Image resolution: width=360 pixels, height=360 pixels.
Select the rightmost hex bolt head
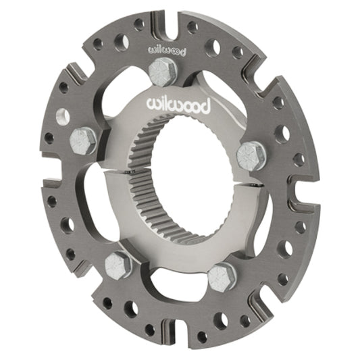coord(251,156)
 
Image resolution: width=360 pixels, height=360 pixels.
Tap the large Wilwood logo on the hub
coord(178,105)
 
